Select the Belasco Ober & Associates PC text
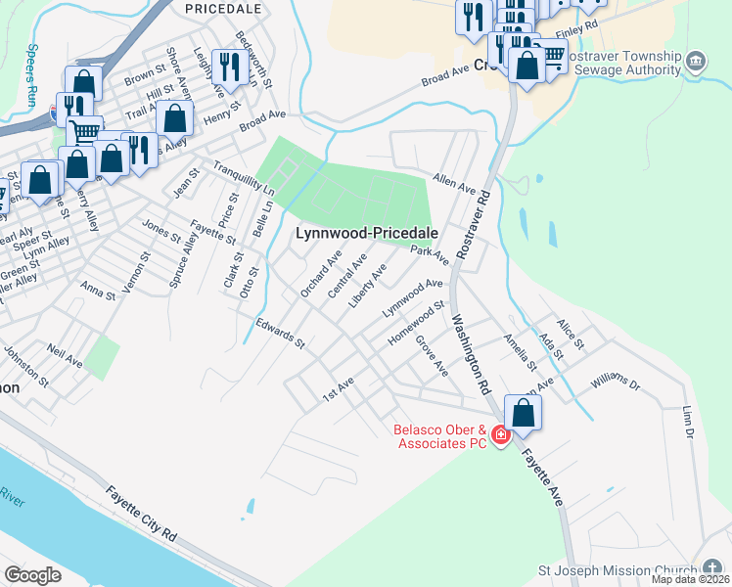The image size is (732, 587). point(439,436)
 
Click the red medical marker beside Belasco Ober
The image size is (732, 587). point(500,434)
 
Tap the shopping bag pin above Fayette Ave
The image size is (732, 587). point(524,413)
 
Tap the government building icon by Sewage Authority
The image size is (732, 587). point(696,60)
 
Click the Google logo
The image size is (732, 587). point(33,574)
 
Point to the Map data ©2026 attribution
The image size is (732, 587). point(690,579)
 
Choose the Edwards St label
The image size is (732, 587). point(281,334)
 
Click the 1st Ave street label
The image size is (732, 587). point(338,388)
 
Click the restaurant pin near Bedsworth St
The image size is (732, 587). point(229,67)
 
